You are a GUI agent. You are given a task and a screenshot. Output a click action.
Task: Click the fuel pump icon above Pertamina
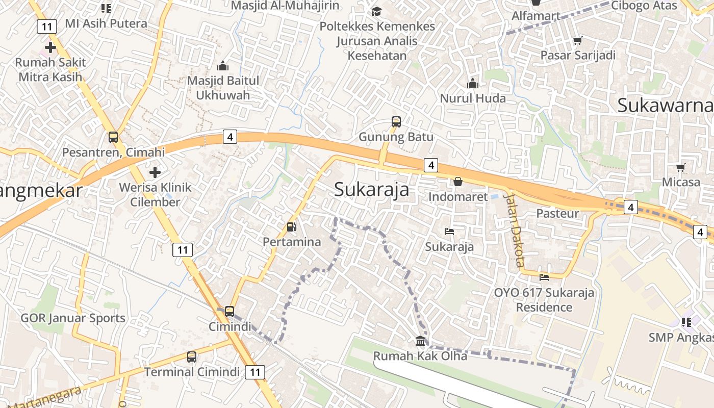coord(292,227)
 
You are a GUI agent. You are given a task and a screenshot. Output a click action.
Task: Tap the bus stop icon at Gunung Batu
coord(396,122)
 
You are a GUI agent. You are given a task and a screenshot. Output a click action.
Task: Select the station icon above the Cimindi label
coord(229,311)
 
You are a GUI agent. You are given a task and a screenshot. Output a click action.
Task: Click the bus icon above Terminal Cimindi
coord(192,357)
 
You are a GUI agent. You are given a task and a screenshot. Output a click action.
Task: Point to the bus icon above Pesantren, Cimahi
coord(113,137)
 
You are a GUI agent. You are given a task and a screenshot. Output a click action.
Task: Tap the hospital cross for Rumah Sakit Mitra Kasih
coord(50,47)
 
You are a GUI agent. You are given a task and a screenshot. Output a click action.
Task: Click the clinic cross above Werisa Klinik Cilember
coord(155,172)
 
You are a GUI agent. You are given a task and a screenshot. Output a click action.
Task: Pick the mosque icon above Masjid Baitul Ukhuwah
coord(223,66)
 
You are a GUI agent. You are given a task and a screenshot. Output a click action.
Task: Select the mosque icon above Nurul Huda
coord(473,83)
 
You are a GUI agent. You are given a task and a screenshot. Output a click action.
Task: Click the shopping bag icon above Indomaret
coord(458,182)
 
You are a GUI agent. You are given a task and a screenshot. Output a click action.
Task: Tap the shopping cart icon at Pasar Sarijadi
coord(578,40)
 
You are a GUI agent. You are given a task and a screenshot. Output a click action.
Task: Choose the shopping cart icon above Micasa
coord(681,167)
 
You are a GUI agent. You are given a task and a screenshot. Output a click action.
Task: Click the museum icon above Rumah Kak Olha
coord(420,341)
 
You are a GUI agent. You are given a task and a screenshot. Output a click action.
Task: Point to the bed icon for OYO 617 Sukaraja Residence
coord(544,277)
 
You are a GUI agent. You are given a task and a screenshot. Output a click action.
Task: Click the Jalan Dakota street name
coord(514,229)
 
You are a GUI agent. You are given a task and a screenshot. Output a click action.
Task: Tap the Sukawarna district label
coord(665,106)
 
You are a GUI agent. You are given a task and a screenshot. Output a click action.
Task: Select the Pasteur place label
coord(557,213)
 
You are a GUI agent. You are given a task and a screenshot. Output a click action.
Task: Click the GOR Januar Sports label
coord(73,318)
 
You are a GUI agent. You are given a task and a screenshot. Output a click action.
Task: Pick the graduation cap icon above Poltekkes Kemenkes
coord(377,11)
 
